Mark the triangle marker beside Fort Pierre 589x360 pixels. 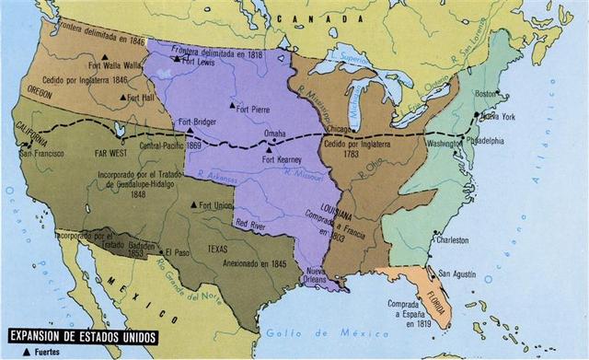(230, 107)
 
